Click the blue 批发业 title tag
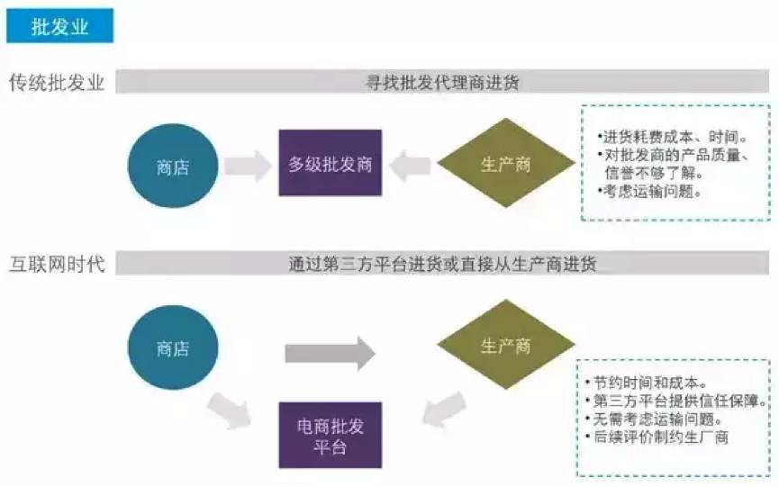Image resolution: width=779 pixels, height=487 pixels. pos(59,26)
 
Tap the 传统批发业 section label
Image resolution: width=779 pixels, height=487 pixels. pos(57,83)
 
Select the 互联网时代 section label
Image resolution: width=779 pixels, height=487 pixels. pos(57,265)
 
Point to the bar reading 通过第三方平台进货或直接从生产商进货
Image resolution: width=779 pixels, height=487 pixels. pos(441,265)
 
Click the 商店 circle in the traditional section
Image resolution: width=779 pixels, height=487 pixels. pos(173,167)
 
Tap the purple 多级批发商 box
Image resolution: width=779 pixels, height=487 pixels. pos(330,164)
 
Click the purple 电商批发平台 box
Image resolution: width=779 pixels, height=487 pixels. pos(330,435)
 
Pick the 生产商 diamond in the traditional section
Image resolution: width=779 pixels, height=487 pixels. pos(505,164)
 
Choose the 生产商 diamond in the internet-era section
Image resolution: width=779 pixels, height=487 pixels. pos(505,346)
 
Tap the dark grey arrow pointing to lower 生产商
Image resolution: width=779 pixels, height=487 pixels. pos(330,353)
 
